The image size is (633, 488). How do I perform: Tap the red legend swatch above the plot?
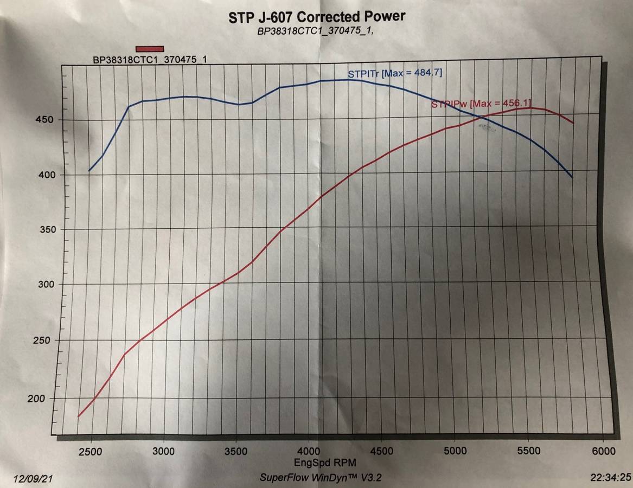tap(150, 49)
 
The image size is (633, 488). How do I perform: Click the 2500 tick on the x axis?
tap(89, 452)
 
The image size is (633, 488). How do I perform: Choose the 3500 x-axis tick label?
tap(236, 452)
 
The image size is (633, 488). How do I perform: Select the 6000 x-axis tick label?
tap(603, 451)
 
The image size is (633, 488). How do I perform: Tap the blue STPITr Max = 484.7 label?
tap(395, 73)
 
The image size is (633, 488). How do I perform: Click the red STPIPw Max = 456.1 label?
tap(477, 104)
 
